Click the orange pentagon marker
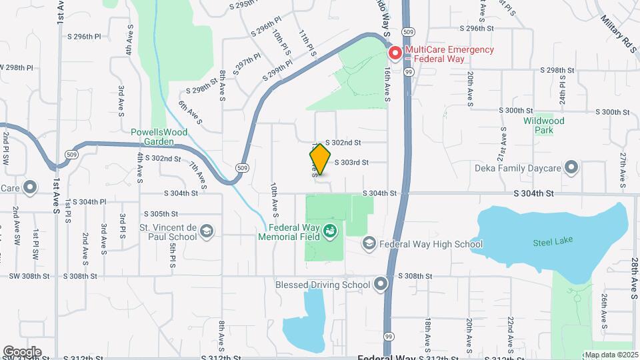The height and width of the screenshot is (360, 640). [320, 160]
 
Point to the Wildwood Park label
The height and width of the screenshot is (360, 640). [544, 125]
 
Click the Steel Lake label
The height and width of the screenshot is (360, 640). [553, 241]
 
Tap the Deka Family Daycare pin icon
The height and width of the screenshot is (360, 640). [571, 167]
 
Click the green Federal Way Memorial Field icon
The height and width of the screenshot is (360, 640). [329, 231]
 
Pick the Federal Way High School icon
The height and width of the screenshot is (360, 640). [369, 244]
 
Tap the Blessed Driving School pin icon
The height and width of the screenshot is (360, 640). [381, 285]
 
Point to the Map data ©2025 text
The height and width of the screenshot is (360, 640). [611, 354]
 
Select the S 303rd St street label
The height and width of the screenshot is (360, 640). [351, 162]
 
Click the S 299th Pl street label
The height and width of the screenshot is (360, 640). [277, 71]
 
